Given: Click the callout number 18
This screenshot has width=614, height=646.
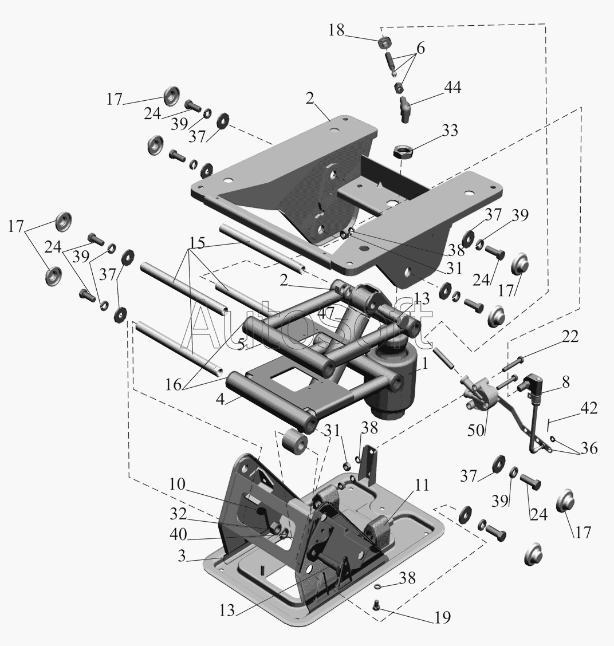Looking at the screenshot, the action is click(x=336, y=31).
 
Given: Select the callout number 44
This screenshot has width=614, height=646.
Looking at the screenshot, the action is click(x=451, y=87).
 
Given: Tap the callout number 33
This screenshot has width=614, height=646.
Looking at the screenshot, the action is click(x=450, y=131).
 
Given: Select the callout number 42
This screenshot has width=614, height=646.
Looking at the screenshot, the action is click(x=588, y=408).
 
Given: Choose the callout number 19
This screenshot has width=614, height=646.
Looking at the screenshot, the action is click(x=442, y=617).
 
